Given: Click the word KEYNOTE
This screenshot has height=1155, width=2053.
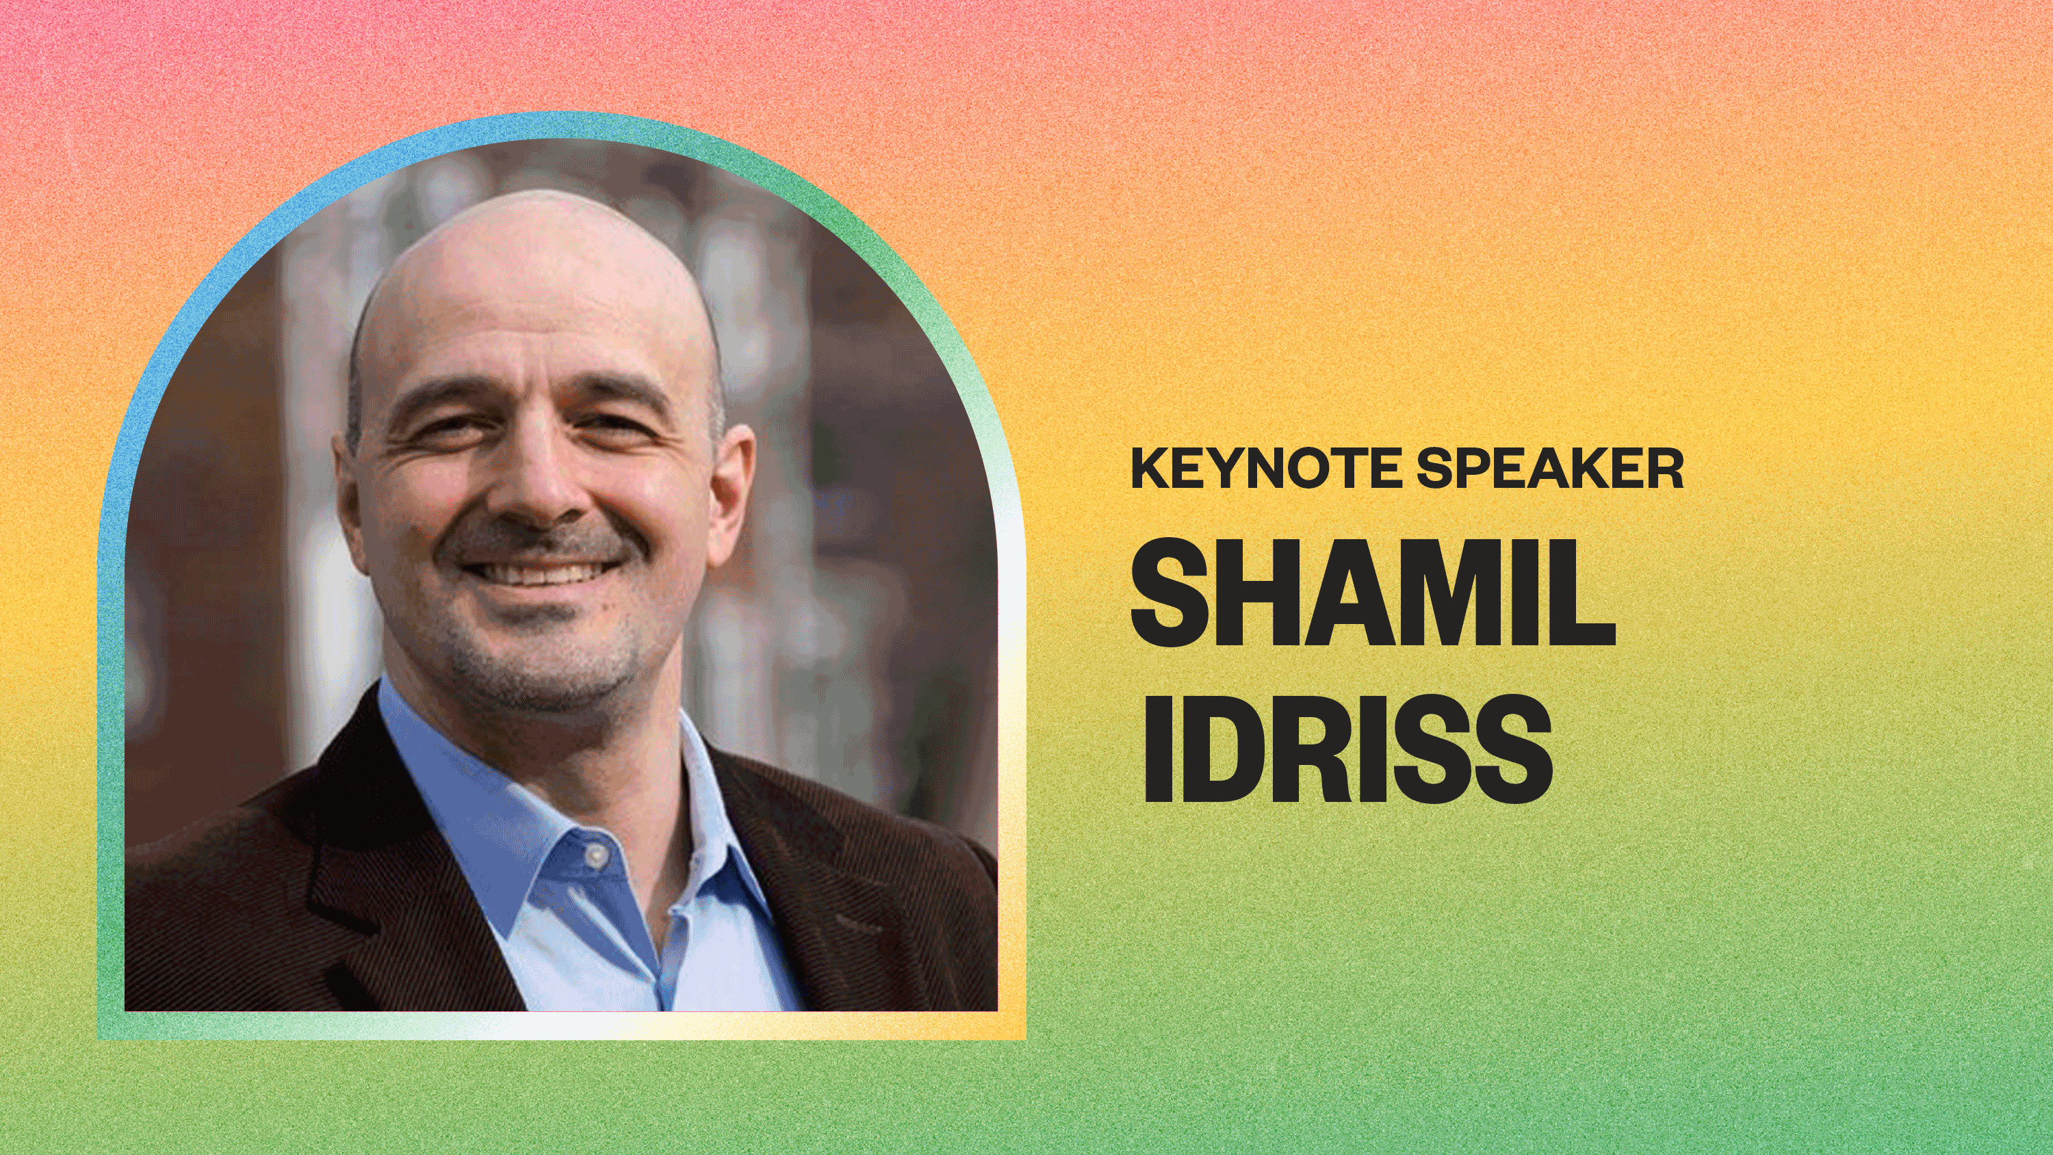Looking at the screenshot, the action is click(1265, 468).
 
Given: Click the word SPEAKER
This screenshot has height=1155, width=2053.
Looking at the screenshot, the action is click(1550, 468).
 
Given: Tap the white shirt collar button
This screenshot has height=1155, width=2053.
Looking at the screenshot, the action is click(595, 855).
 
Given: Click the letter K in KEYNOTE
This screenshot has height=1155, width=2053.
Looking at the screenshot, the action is click(1149, 468).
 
